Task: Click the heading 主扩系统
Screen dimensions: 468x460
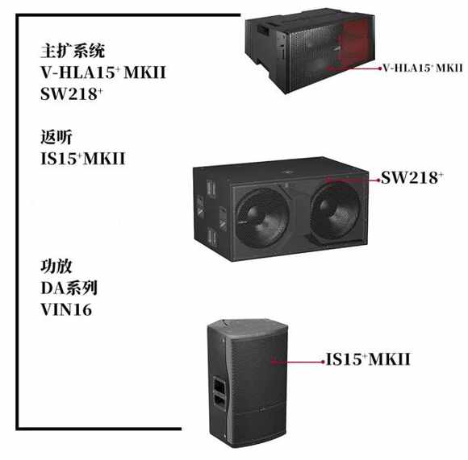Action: pyautogui.click(x=73, y=51)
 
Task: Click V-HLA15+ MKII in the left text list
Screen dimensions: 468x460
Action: pyautogui.click(x=103, y=73)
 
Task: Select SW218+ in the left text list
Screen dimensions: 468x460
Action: pyautogui.click(x=71, y=93)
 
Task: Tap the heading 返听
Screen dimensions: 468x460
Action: pyautogui.click(x=56, y=137)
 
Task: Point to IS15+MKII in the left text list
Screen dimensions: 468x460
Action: pyautogui.click(x=82, y=159)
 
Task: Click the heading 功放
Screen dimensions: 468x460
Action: pyautogui.click(x=56, y=267)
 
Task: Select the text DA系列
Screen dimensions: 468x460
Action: pyautogui.click(x=69, y=288)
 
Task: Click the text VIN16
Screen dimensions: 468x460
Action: pyautogui.click(x=66, y=309)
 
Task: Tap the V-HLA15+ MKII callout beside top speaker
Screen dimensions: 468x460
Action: pyautogui.click(x=423, y=68)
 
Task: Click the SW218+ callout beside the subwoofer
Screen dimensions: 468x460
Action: pyautogui.click(x=412, y=177)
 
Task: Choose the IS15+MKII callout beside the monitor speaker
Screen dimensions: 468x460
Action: pyautogui.click(x=368, y=359)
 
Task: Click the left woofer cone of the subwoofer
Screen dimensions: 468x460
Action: pyautogui.click(x=263, y=218)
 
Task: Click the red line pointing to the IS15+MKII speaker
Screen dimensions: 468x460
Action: pyautogui.click(x=298, y=363)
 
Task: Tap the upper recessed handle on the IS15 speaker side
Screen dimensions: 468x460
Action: pyautogui.click(x=219, y=384)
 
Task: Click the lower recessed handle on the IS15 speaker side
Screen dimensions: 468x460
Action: pyautogui.click(x=219, y=401)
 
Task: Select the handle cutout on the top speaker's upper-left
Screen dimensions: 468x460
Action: pyautogui.click(x=263, y=29)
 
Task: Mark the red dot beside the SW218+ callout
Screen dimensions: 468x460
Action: pyautogui.click(x=378, y=180)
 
